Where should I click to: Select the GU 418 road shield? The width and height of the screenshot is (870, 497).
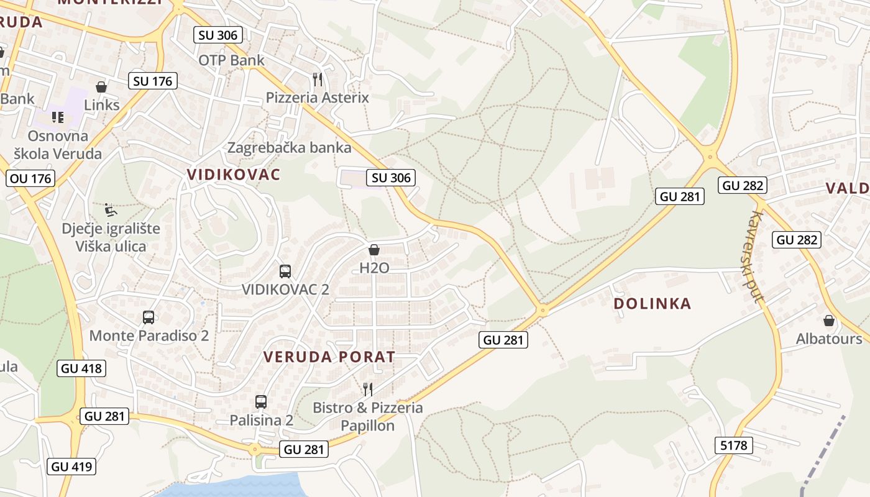tap(81, 368)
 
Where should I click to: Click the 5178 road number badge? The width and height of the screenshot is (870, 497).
tap(734, 445)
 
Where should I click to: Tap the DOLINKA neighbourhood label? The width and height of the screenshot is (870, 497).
tap(652, 304)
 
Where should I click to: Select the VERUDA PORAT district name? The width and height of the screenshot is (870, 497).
tap(329, 357)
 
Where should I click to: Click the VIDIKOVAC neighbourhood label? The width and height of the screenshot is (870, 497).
tap(234, 175)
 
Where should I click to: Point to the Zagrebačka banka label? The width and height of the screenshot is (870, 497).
tap(290, 148)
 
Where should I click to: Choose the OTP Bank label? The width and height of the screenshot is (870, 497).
tap(231, 60)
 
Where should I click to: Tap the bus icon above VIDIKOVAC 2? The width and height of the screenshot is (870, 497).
tap(285, 271)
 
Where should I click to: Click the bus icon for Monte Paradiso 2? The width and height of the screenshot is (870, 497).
tap(149, 317)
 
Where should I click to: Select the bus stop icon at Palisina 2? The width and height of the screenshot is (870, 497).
tap(261, 402)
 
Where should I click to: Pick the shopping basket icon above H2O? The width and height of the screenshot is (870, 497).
tap(374, 250)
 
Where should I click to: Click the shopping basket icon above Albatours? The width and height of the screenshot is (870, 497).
tap(829, 321)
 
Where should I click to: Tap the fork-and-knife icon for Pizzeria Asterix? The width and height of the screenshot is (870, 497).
tap(318, 79)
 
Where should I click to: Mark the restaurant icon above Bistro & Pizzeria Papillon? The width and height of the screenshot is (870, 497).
tap(368, 390)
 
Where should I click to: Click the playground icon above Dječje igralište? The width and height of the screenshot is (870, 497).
tap(110, 210)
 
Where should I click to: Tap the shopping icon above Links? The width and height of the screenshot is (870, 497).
tap(101, 87)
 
